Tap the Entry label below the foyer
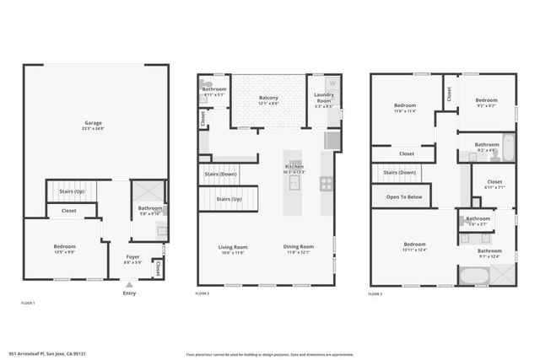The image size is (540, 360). pyautogui.click(x=129, y=293)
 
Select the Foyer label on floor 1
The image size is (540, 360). pyautogui.click(x=132, y=256)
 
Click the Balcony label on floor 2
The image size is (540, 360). pyautogui.click(x=268, y=99)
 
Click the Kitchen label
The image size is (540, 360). pyautogui.click(x=294, y=167)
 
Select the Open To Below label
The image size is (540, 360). pyautogui.click(x=405, y=196)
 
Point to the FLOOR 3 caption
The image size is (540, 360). pyautogui.click(x=376, y=294)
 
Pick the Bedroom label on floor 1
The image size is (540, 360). pyautogui.click(x=64, y=246)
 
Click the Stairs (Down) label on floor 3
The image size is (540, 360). pyautogui.click(x=399, y=173)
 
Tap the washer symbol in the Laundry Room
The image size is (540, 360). pyautogui.click(x=332, y=83)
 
